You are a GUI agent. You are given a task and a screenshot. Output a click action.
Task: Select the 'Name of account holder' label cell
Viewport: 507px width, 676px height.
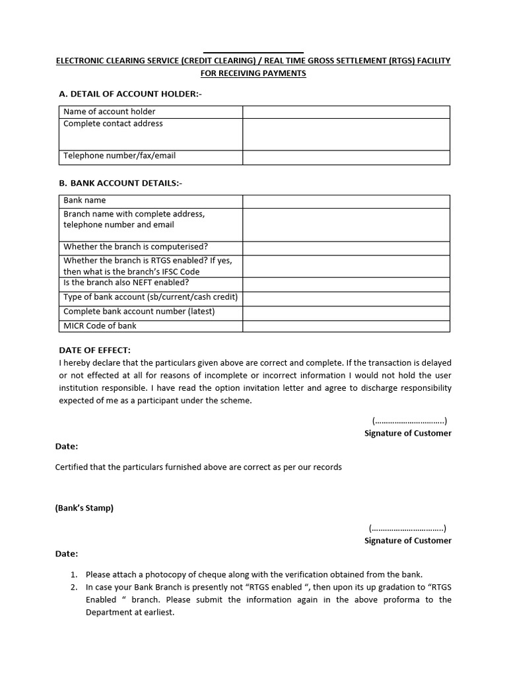(110, 112)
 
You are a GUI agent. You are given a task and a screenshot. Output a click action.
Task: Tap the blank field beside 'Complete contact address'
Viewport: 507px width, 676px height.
(346, 134)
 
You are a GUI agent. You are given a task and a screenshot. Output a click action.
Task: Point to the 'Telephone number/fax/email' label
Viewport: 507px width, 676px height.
(119, 156)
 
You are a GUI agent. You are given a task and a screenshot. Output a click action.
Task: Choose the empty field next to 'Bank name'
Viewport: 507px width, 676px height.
(346, 201)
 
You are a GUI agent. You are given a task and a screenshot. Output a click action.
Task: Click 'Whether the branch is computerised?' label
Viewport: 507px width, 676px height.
(136, 247)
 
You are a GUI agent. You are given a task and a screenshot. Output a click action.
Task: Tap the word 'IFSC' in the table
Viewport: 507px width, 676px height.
(172, 271)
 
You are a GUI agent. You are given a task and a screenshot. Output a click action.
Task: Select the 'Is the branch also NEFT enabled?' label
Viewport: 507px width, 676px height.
(126, 283)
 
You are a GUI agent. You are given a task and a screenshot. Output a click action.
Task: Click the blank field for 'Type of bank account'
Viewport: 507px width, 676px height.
(346, 297)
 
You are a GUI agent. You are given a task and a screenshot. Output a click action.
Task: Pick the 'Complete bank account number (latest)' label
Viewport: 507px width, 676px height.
(139, 311)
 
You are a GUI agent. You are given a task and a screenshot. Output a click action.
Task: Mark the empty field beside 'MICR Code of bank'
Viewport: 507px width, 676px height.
(346, 325)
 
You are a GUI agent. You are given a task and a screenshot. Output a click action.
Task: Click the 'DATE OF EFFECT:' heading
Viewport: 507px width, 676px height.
(95, 350)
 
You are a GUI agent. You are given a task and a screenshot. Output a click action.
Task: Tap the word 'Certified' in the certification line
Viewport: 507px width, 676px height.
(73, 467)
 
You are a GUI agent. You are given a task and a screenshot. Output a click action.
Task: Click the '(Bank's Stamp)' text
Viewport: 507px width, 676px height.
(84, 508)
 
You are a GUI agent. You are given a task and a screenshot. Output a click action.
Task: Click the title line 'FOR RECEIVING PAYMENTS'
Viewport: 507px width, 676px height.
(253, 73)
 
